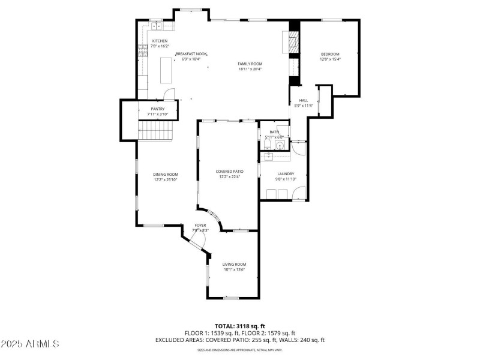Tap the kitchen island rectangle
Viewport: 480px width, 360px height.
(x=166, y=71)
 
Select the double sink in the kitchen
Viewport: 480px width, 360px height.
(x=156, y=26)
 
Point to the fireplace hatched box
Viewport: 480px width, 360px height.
(x=293, y=42)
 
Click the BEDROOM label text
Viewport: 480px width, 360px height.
(x=330, y=54)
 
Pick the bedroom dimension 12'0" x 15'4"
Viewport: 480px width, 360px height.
(x=330, y=59)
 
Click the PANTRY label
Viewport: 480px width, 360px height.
(x=157, y=109)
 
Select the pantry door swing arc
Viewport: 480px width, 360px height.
(x=170, y=93)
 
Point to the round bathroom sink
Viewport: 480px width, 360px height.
(x=280, y=145)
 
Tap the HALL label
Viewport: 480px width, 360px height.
(x=304, y=100)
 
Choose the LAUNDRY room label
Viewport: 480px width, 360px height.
(x=286, y=174)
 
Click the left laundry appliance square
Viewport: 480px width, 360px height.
(x=268, y=193)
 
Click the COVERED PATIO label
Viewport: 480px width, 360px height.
(x=229, y=172)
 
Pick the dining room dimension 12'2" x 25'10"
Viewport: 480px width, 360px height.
(x=166, y=179)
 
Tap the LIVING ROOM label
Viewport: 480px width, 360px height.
(x=234, y=264)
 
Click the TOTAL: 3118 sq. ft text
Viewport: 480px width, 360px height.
(x=240, y=326)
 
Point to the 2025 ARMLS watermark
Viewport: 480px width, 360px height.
(x=30, y=344)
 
